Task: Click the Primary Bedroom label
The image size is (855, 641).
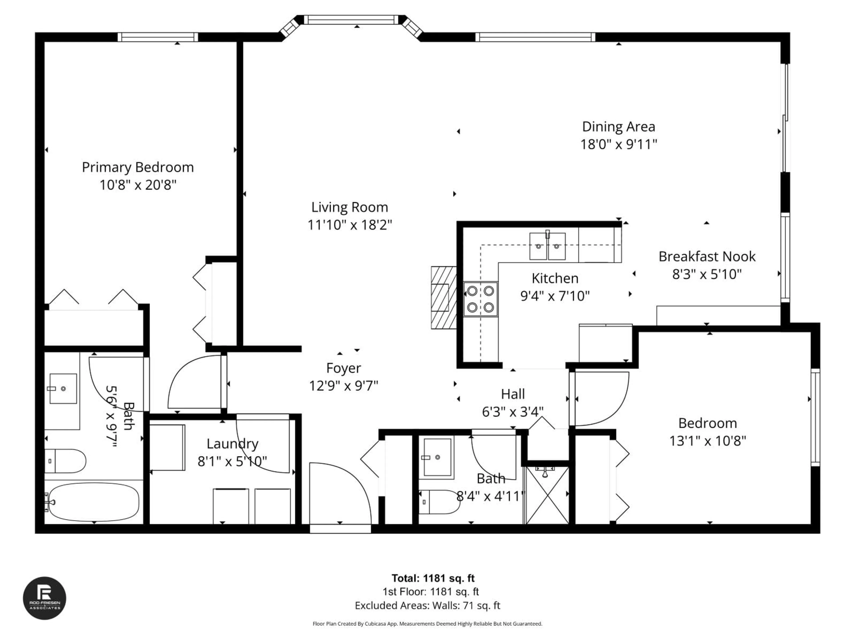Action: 138,167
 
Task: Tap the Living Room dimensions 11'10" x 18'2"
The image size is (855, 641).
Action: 349,225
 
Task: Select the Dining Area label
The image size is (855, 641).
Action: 619,127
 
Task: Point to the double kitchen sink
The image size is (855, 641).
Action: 547,246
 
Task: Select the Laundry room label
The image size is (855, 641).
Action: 232,444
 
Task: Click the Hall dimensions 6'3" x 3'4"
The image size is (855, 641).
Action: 513,412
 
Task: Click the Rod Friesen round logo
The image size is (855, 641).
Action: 45,598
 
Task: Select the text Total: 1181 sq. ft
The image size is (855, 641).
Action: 433,578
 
